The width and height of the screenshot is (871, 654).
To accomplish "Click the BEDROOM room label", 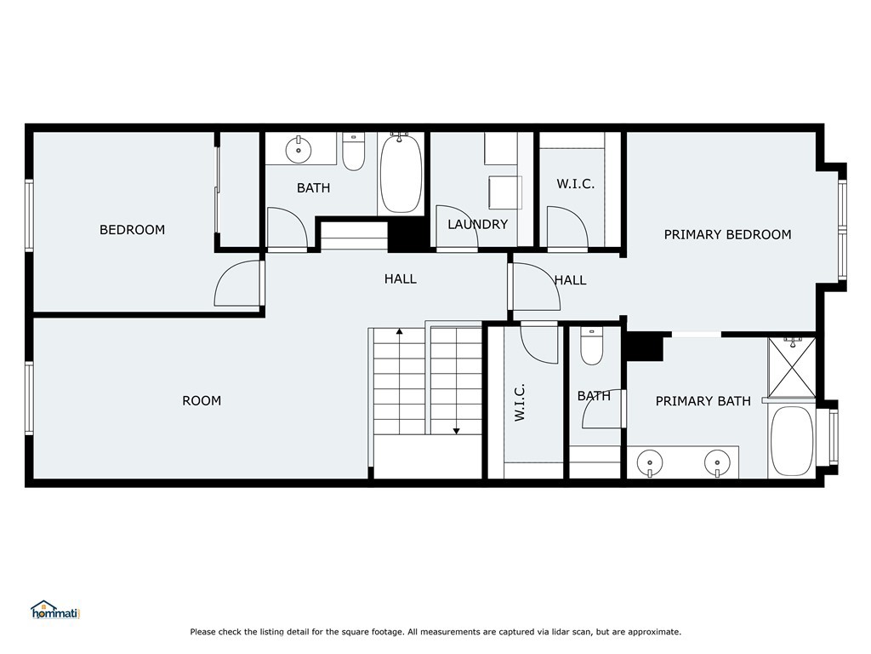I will [x=132, y=230].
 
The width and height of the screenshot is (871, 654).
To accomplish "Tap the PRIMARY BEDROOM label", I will [x=727, y=234].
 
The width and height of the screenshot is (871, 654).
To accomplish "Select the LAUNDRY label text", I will [x=477, y=225].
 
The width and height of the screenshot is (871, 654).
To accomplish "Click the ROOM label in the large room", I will [x=202, y=400].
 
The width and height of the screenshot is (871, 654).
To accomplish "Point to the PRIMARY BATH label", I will [x=703, y=401].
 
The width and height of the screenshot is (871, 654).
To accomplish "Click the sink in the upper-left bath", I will [x=298, y=149].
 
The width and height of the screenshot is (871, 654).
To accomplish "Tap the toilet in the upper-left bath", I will [x=354, y=152].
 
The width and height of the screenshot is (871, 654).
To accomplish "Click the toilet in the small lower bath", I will [x=591, y=347].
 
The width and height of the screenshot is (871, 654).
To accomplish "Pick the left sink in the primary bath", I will [x=651, y=462].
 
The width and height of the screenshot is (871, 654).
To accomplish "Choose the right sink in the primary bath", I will [x=717, y=462].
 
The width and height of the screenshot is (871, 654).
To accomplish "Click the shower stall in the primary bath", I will [x=792, y=367].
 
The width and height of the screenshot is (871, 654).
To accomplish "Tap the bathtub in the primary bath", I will [x=792, y=441].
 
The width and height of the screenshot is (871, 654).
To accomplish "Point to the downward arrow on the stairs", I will [x=457, y=430].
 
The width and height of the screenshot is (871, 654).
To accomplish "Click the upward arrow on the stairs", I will [x=399, y=332].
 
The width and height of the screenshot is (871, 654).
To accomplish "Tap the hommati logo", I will [x=54, y=611].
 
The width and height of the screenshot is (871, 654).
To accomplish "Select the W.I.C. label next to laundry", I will [x=575, y=184].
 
